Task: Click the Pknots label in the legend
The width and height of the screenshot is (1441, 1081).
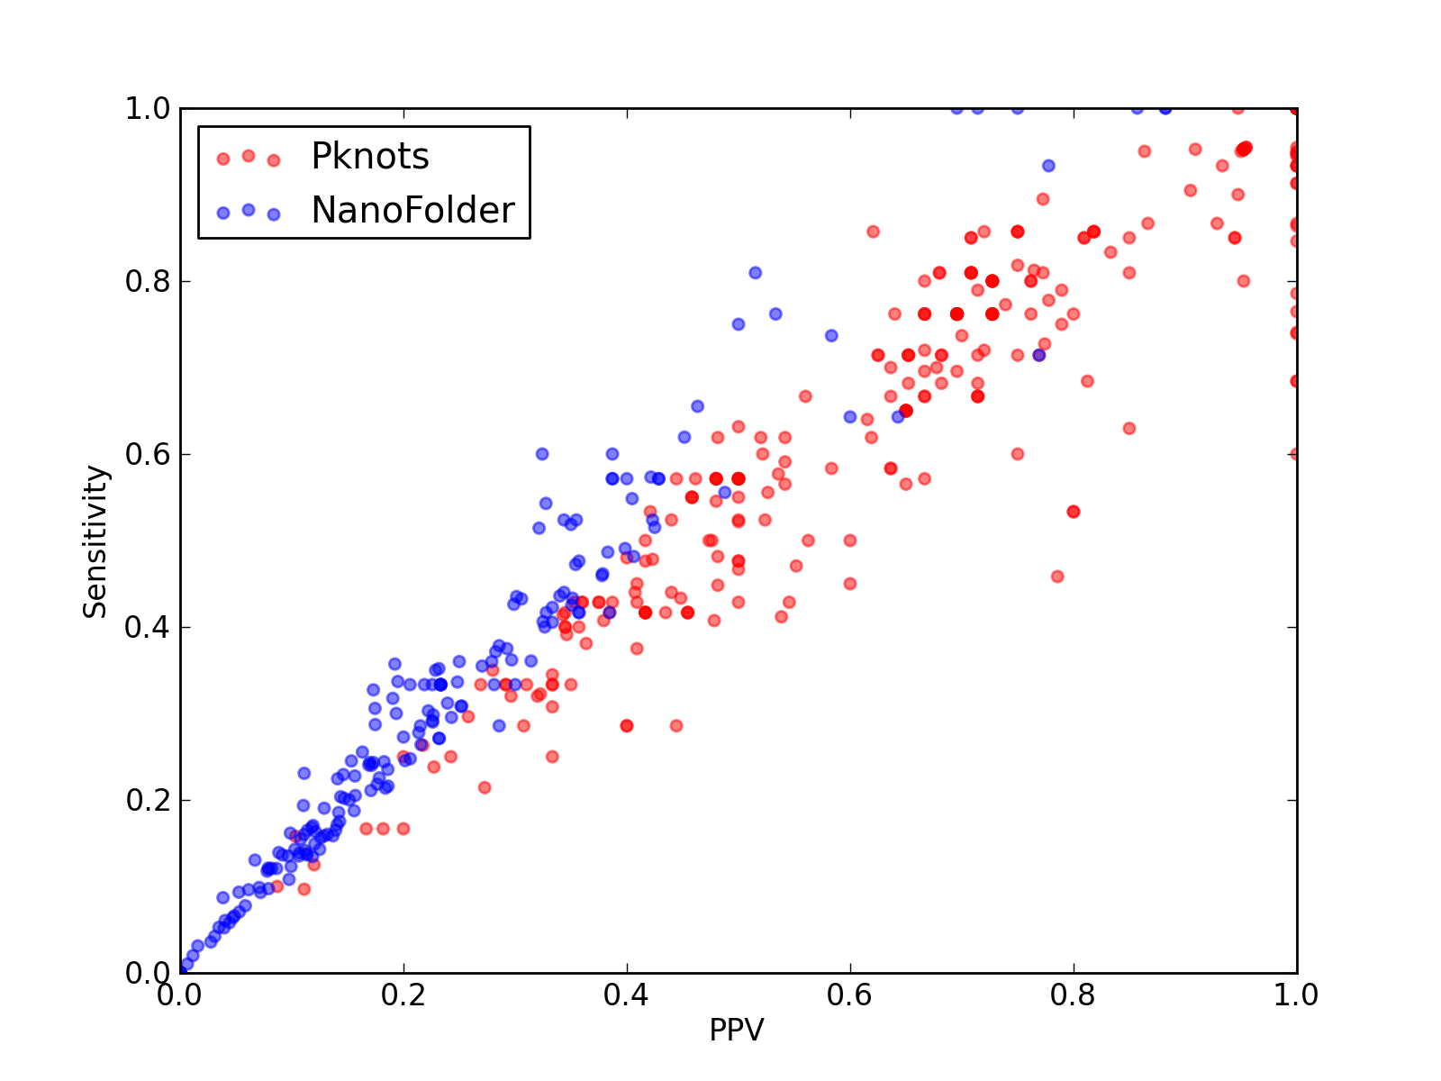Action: pyautogui.click(x=369, y=156)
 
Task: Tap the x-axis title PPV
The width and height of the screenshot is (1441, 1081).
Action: pyautogui.click(x=737, y=1030)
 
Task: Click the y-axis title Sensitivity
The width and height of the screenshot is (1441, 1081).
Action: pyautogui.click(x=95, y=541)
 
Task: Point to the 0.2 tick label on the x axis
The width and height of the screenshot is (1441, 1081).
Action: pyautogui.click(x=403, y=995)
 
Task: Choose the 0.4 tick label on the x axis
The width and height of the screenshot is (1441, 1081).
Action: pyautogui.click(x=626, y=995)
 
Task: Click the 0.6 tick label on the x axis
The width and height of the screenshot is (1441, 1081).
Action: pyautogui.click(x=849, y=995)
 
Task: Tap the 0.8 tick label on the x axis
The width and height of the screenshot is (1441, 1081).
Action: pyautogui.click(x=1073, y=995)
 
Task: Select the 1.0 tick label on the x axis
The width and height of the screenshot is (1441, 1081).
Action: pyautogui.click(x=1296, y=995)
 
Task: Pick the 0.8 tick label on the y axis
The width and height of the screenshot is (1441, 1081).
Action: pyautogui.click(x=148, y=282)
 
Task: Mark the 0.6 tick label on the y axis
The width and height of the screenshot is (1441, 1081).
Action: pyautogui.click(x=148, y=454)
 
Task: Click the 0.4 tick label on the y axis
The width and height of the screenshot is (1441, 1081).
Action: pyautogui.click(x=148, y=628)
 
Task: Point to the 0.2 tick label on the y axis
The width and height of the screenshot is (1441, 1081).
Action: pyautogui.click(x=148, y=800)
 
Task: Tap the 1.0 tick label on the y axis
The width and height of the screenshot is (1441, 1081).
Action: pyautogui.click(x=148, y=108)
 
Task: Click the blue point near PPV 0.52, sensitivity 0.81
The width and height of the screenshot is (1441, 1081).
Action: pyautogui.click(x=755, y=272)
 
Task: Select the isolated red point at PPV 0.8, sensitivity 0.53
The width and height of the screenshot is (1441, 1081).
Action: pyautogui.click(x=1074, y=512)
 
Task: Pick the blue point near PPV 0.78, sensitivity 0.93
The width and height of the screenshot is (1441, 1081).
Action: pyautogui.click(x=1048, y=166)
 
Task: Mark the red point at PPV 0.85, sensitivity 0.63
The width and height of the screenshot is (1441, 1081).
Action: pyautogui.click(x=1129, y=428)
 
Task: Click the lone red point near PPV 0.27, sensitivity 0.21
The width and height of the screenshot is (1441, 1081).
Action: pyautogui.click(x=485, y=787)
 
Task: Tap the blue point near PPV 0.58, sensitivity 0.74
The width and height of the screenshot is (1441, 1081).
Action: pyautogui.click(x=831, y=335)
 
